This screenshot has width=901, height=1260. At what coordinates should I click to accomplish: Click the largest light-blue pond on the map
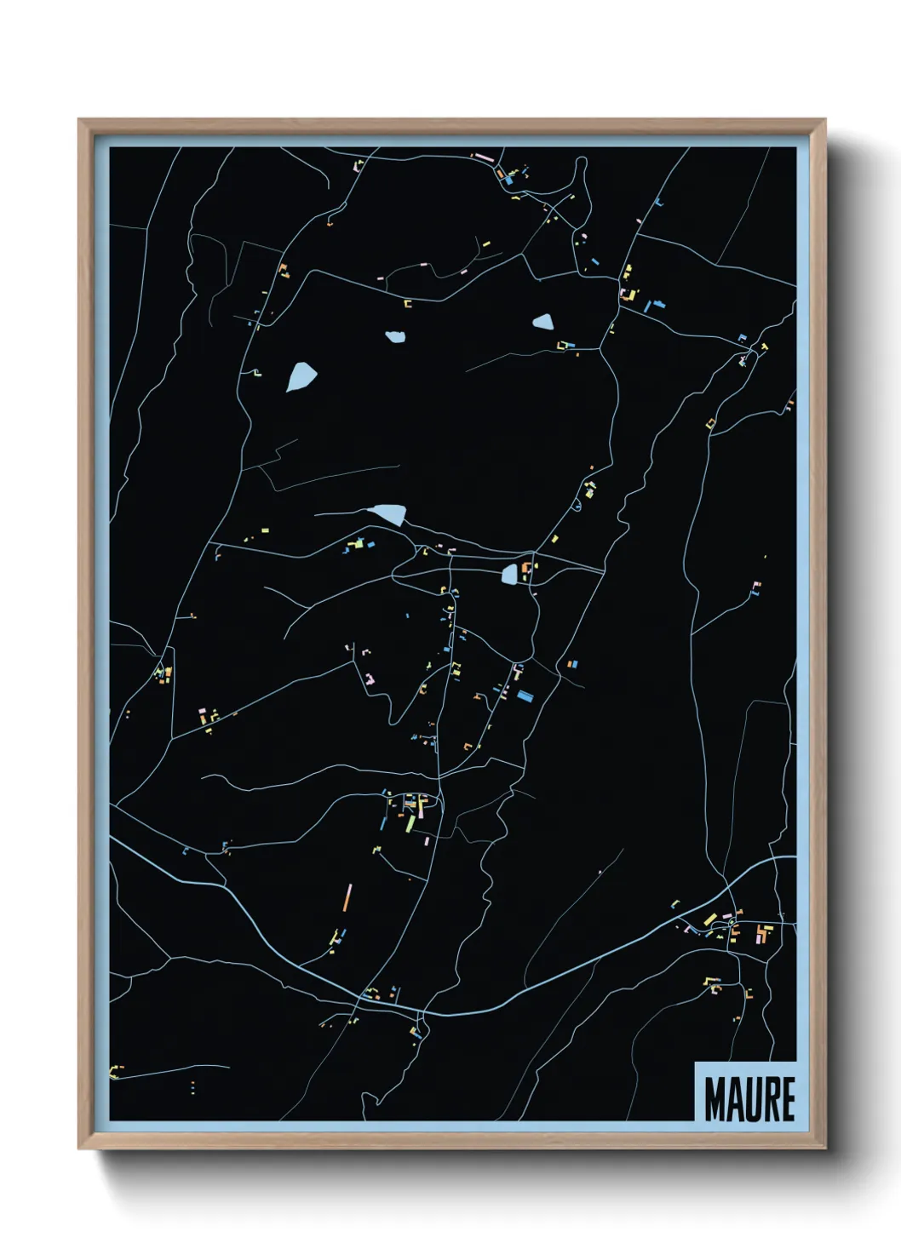(301, 376)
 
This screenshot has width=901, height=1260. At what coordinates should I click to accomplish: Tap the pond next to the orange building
(509, 575)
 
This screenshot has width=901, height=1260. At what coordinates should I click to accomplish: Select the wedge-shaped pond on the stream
(387, 513)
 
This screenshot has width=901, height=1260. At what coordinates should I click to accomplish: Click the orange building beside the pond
(525, 568)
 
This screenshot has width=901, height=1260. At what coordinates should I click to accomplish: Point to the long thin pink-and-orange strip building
(347, 897)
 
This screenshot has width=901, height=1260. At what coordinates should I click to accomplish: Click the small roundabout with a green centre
(732, 924)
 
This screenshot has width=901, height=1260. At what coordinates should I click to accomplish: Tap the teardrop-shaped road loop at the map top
(582, 170)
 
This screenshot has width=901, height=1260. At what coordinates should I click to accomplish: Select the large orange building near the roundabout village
(761, 932)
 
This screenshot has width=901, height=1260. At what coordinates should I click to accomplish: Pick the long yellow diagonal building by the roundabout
(709, 919)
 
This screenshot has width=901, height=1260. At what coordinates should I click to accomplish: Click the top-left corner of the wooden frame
(79, 120)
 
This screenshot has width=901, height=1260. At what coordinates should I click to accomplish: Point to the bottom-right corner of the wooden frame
(824, 1148)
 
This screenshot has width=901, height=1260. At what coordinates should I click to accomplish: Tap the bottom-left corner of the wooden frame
(79, 1148)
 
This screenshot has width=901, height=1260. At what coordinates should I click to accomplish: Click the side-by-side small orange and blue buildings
(571, 663)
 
